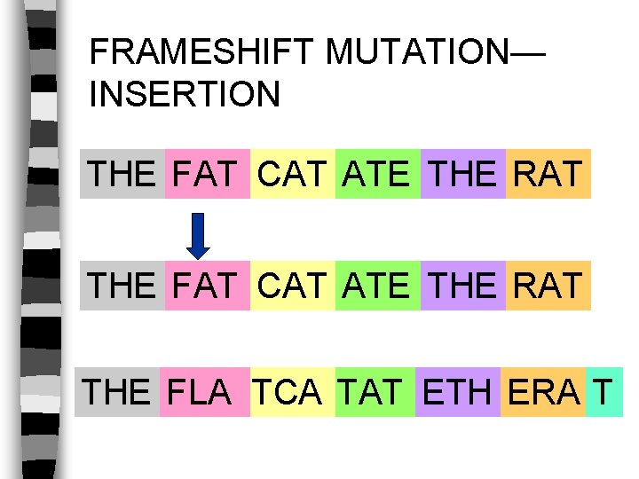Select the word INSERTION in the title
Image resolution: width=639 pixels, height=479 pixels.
185,94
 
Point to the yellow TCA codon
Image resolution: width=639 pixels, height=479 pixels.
287,392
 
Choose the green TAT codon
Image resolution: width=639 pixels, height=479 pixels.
372,392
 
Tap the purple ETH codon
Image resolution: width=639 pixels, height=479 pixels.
457,392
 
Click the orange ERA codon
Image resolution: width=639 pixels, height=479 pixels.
542,392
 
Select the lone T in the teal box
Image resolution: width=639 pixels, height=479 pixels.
603,392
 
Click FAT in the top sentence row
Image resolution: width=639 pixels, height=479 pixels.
206,174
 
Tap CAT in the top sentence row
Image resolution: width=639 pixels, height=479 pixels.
292,174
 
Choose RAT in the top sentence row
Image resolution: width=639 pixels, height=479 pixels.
548,174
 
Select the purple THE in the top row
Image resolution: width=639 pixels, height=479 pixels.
462,174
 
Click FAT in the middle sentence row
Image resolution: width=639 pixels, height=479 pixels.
206,287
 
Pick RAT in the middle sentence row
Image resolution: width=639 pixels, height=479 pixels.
548,287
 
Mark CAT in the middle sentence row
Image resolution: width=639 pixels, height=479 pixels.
292,287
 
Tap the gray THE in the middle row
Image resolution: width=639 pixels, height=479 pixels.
122,287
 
